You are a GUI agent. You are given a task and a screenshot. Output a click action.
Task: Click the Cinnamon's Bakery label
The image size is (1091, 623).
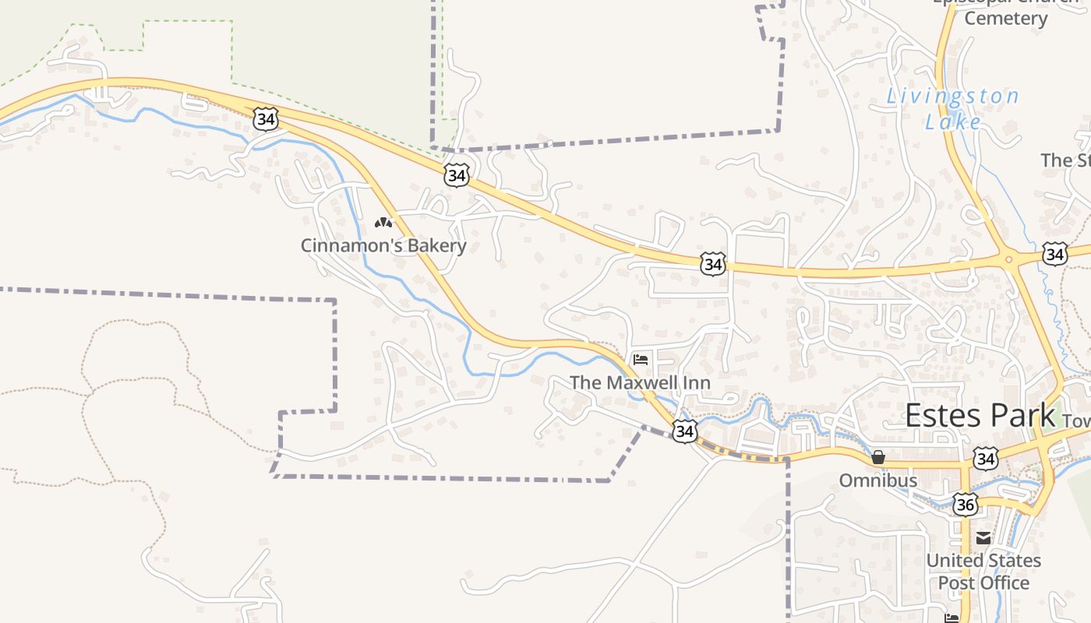point(383,245)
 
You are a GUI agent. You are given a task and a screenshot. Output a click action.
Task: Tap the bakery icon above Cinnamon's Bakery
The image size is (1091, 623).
point(383,223)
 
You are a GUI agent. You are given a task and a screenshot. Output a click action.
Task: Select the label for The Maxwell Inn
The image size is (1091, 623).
point(640,382)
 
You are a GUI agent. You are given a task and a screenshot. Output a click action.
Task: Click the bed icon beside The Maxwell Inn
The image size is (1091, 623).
point(641,360)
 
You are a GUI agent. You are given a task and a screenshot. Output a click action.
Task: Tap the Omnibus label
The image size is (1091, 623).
point(878,480)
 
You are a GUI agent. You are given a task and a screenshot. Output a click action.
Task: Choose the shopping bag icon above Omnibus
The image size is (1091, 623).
point(878,457)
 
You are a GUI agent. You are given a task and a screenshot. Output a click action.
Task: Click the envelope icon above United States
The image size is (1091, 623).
point(983,537)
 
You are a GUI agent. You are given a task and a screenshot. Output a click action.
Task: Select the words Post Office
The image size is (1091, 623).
point(983,583)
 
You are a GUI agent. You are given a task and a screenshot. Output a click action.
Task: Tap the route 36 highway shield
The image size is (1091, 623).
point(966,505)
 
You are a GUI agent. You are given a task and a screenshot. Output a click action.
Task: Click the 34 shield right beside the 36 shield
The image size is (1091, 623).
point(986,459)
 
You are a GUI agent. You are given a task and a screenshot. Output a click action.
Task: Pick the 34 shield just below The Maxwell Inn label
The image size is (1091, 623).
point(684,431)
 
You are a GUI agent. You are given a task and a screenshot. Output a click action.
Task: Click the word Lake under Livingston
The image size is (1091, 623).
point(953,121)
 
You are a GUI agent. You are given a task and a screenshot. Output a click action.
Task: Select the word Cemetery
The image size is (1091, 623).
point(1005,19)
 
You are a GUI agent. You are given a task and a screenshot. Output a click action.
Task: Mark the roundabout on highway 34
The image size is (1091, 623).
point(1008,260)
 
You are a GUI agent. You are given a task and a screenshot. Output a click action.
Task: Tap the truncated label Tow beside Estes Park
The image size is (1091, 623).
point(1076,421)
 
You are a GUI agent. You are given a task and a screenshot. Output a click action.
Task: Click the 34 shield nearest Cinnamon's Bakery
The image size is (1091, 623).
point(457,175)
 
